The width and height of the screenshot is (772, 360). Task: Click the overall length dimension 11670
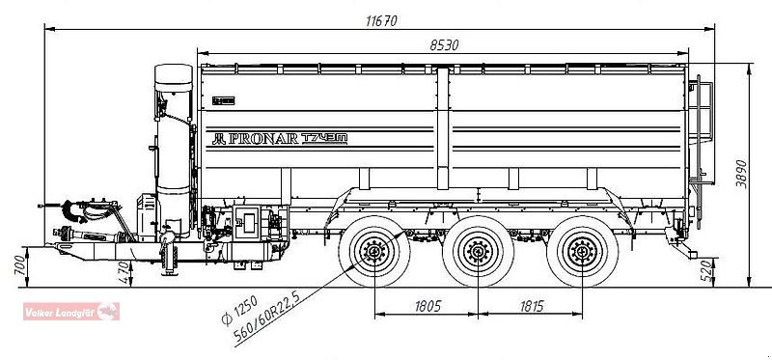coord(383,19)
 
